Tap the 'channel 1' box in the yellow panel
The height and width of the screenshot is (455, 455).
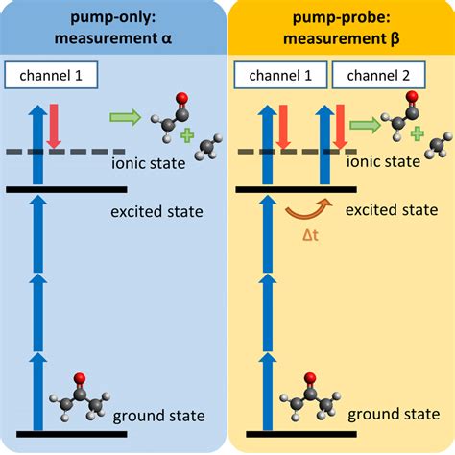280,75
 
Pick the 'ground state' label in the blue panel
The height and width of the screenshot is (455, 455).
157,416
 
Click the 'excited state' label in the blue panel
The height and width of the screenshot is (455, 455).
158,208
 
